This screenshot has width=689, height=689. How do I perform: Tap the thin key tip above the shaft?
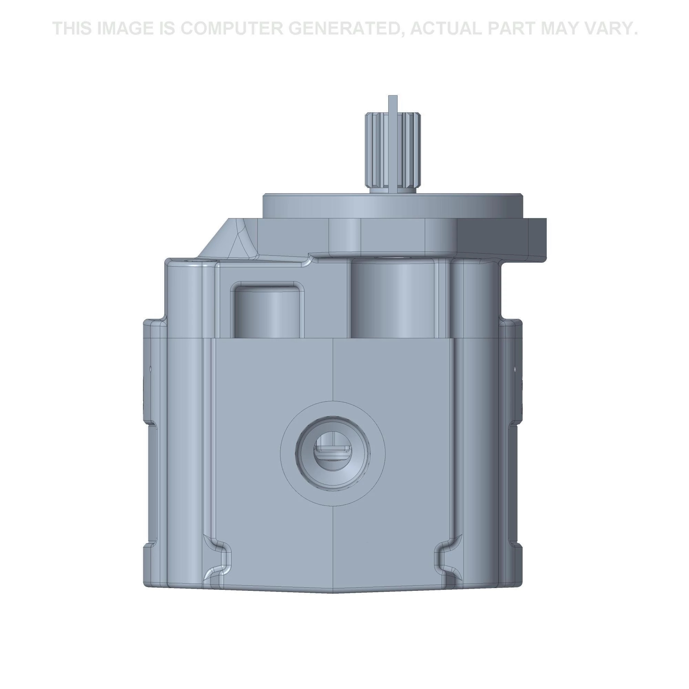[393, 102]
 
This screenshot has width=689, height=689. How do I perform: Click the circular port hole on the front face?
[333, 452]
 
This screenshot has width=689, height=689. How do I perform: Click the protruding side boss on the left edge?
[149, 371]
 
